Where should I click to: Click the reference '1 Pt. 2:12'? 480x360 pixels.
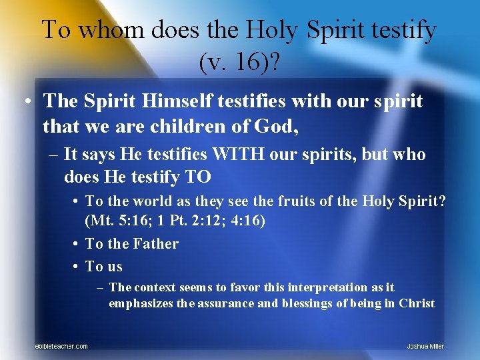(185, 221)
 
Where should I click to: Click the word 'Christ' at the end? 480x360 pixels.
(417, 303)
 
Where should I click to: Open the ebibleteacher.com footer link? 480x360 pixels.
(61, 346)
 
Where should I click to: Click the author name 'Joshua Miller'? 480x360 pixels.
(425, 346)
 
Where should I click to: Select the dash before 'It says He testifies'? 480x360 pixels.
(53, 155)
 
